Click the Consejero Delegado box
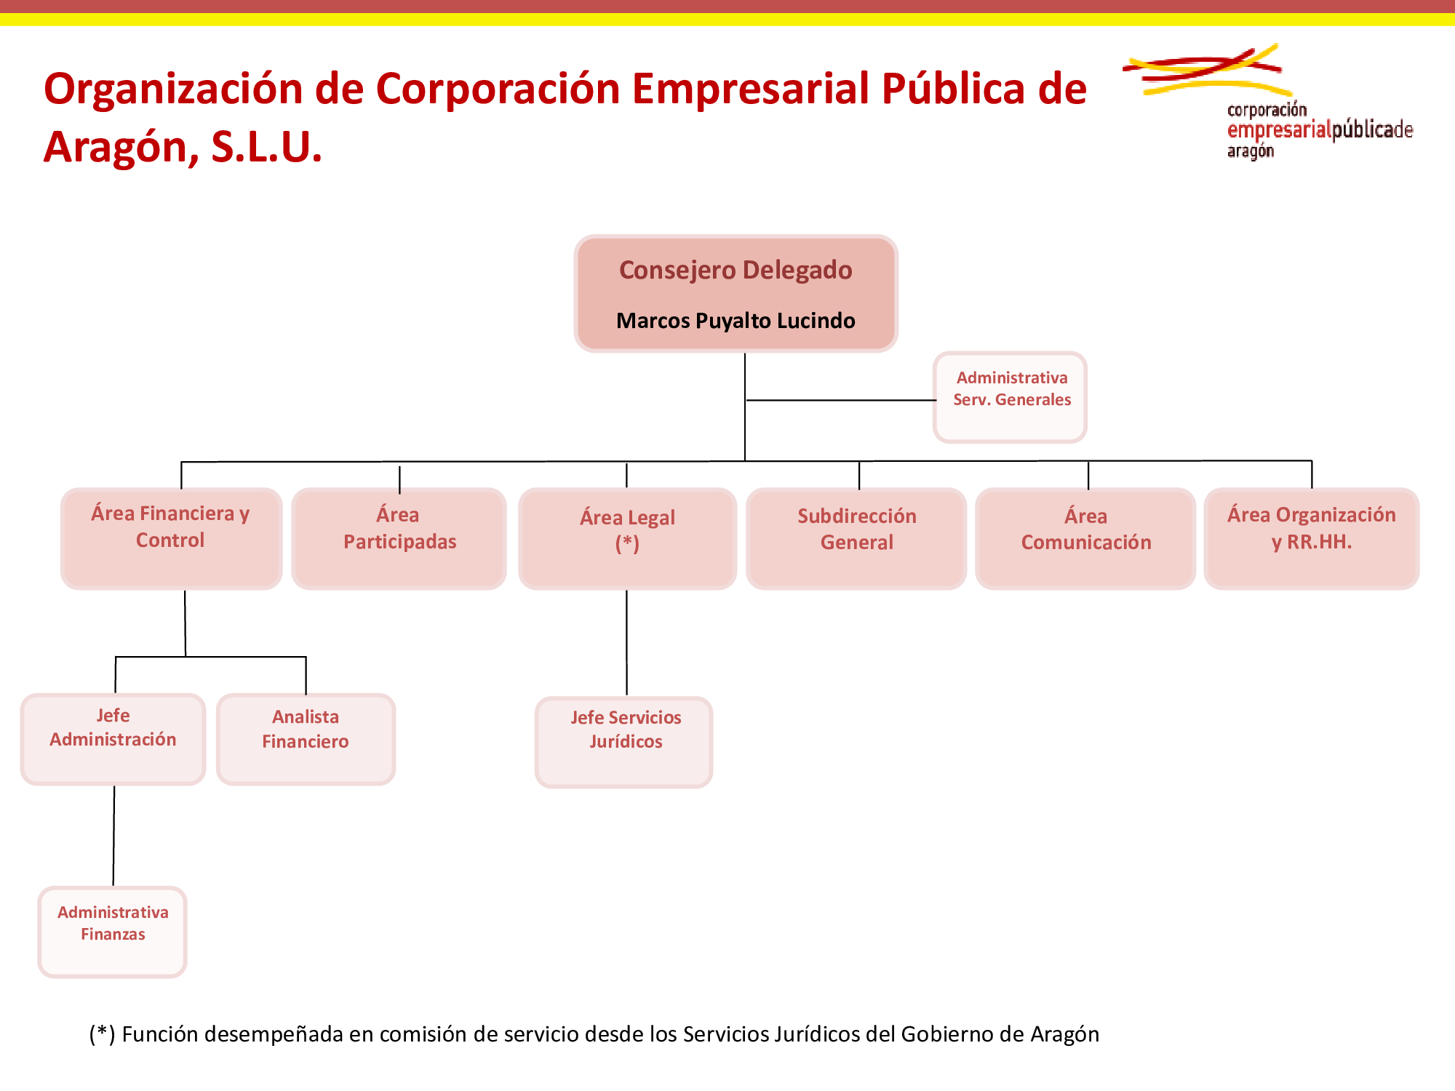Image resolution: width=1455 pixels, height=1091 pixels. click(x=736, y=293)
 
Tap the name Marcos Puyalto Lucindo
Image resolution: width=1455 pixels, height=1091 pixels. click(x=736, y=320)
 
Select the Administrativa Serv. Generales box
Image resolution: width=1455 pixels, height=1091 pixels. click(x=1010, y=397)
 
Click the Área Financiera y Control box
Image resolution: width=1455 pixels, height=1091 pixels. click(x=171, y=538)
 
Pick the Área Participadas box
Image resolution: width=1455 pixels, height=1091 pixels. click(x=399, y=538)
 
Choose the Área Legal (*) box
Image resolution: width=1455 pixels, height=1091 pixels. click(x=627, y=538)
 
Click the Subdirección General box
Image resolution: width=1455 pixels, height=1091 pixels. click(x=856, y=538)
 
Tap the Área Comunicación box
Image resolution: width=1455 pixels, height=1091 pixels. click(x=1085, y=538)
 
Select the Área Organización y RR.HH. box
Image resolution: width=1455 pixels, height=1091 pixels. click(x=1312, y=538)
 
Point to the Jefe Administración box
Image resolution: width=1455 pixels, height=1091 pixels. click(x=113, y=739)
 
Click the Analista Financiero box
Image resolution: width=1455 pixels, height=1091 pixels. click(x=306, y=739)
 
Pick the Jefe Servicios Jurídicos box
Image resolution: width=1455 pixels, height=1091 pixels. click(x=624, y=742)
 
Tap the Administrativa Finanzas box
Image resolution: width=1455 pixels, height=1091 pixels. click(x=113, y=932)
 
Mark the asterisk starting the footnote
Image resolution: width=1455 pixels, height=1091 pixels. click(x=103, y=1031)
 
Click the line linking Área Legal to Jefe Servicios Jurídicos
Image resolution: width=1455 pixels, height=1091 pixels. click(x=626, y=643)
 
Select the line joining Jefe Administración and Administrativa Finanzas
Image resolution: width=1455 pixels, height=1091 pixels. click(x=113, y=836)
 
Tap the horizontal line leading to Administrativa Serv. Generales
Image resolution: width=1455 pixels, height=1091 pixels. click(x=841, y=400)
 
